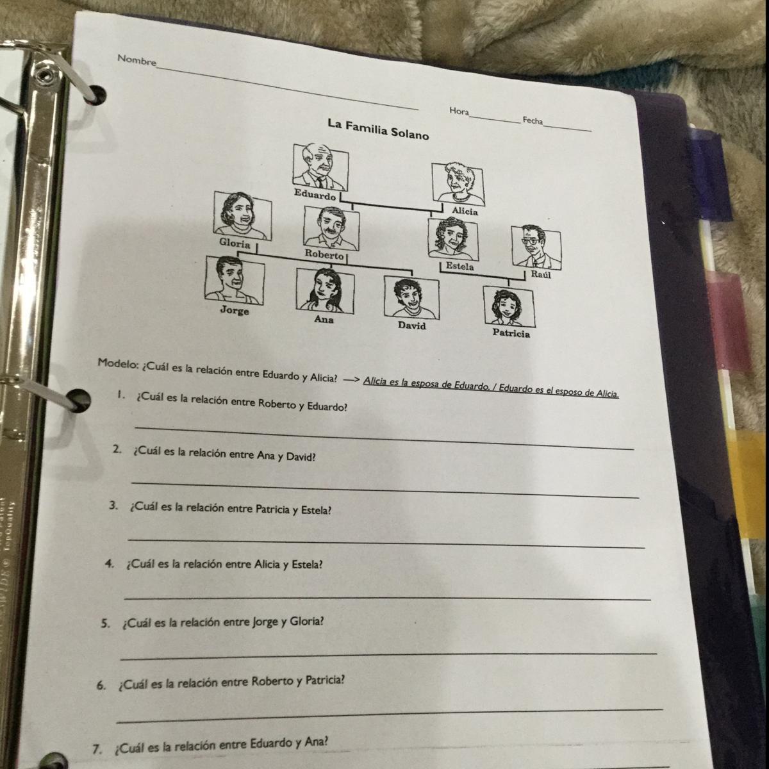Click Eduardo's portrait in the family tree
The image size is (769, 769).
[x=320, y=166]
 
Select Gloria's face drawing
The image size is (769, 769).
[x=243, y=215]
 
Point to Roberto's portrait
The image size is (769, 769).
[x=331, y=227]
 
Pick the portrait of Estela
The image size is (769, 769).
[x=452, y=238]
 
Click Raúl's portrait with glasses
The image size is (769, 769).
[x=536, y=247]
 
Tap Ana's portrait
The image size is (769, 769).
[x=325, y=290]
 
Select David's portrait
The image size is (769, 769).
[x=411, y=297]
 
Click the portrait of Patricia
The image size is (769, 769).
[x=509, y=306]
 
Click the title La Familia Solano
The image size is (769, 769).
[x=378, y=129]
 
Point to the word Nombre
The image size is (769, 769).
[x=136, y=61]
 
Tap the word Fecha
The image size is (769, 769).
[x=533, y=120]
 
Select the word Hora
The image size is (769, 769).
[x=459, y=111]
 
